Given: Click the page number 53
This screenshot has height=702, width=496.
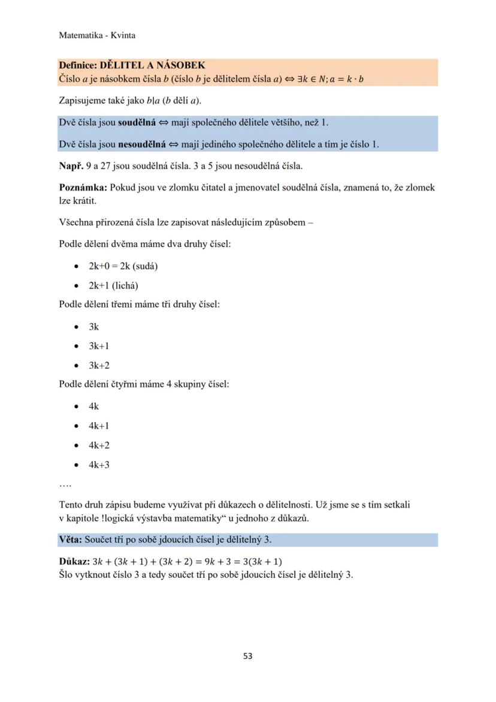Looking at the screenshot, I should pyautogui.click(x=248, y=656).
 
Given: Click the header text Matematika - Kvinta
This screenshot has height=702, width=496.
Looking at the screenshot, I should pyautogui.click(x=97, y=35).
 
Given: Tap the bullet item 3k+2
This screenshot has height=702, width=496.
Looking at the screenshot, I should pyautogui.click(x=99, y=366).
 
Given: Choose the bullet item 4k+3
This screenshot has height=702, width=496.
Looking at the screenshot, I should pyautogui.click(x=99, y=465).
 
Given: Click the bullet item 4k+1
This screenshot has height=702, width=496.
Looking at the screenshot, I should pyautogui.click(x=99, y=426).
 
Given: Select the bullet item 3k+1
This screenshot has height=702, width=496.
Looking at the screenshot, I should pyautogui.click(x=99, y=347).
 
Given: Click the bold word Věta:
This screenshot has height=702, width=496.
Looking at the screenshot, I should pyautogui.click(x=71, y=540).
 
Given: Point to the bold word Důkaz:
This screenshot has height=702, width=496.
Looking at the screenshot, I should pyautogui.click(x=74, y=562).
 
